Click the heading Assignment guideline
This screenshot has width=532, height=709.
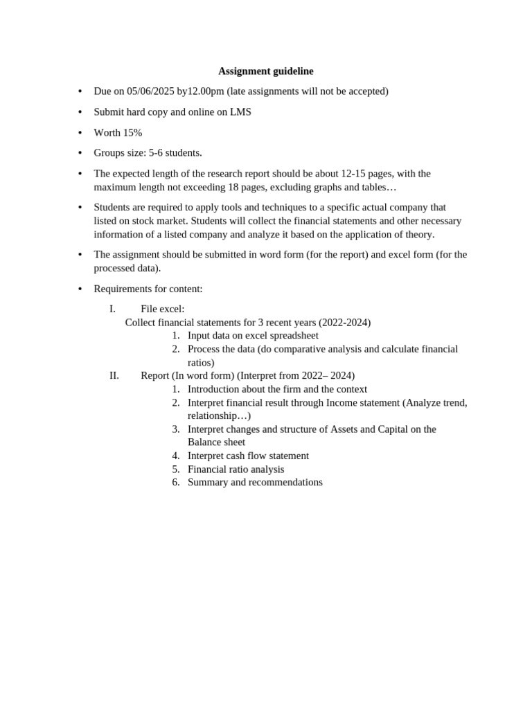pos(266,71)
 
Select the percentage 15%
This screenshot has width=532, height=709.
pos(132,132)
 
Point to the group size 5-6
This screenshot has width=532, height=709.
pos(157,153)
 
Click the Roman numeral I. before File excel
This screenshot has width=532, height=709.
pos(112,309)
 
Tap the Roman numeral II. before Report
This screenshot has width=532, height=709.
pos(114,375)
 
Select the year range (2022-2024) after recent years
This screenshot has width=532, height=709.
pos(344,323)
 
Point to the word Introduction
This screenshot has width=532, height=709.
pos(215,389)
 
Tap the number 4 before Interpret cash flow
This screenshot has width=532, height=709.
pos(176,456)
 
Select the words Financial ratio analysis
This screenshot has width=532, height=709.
pos(236,469)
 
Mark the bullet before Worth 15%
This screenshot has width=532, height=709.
pos(80,133)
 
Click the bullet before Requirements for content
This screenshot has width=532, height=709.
pos(80,289)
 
